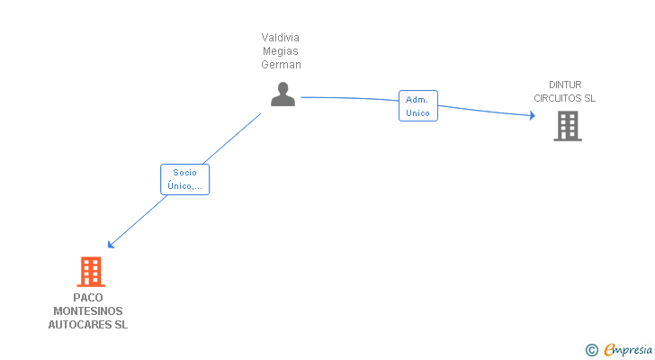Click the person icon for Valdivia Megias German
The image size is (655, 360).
coord(283,94)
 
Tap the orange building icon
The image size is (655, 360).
coord(90,271)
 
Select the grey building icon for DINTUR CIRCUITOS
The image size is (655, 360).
coord(568,126)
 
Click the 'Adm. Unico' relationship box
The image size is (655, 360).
coord(417,106)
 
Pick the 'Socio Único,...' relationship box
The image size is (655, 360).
coord(184,179)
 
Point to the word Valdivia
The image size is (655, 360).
coord(281,38)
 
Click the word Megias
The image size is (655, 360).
coord(281,51)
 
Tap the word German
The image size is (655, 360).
coord(281,65)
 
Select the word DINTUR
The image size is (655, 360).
coord(565,85)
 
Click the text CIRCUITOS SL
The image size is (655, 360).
coord(565,99)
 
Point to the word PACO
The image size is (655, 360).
coord(88,298)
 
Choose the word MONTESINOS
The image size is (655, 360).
coord(88,311)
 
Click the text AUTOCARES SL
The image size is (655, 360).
coord(88,325)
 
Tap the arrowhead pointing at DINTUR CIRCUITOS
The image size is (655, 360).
coord(532,115)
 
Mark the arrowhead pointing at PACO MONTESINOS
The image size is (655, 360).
coord(111,244)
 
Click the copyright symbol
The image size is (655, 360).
coord(591,349)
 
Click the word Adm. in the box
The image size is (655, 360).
coord(417,99)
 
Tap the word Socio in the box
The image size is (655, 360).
coord(184,172)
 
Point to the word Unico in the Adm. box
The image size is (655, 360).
coord(417,113)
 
